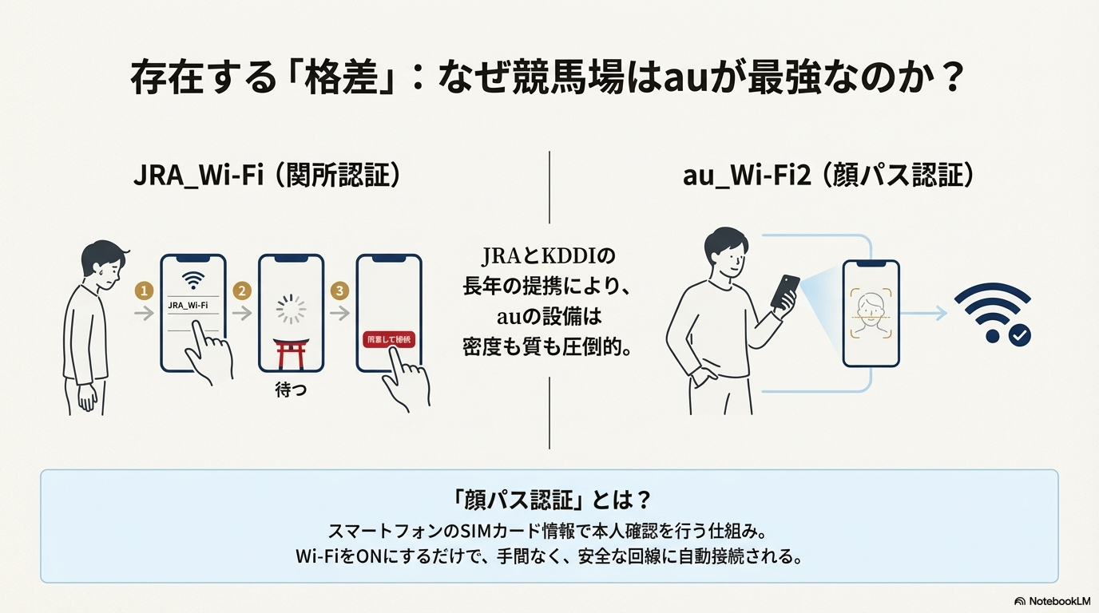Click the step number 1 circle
(145, 291)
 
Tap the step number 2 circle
(242, 291)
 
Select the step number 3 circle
(339, 291)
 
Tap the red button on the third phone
(389, 340)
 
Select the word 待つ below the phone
(291, 392)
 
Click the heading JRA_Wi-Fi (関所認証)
(266, 176)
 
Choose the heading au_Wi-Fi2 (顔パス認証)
(828, 176)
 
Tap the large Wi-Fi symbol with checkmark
(993, 314)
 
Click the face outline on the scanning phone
(871, 310)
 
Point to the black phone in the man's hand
(785, 291)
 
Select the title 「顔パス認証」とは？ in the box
(549, 500)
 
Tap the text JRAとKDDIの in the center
(549, 256)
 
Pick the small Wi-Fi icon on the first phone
(192, 280)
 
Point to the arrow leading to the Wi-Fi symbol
(926, 314)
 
